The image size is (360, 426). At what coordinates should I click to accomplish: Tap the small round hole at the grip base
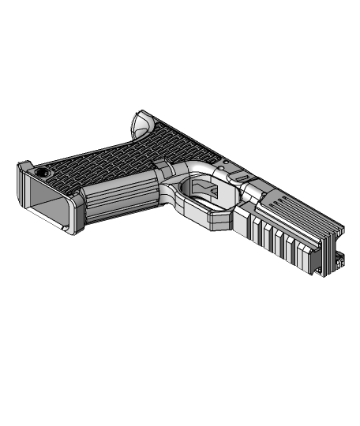click(x=41, y=171)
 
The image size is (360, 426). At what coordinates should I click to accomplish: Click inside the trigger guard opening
click(x=201, y=191)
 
